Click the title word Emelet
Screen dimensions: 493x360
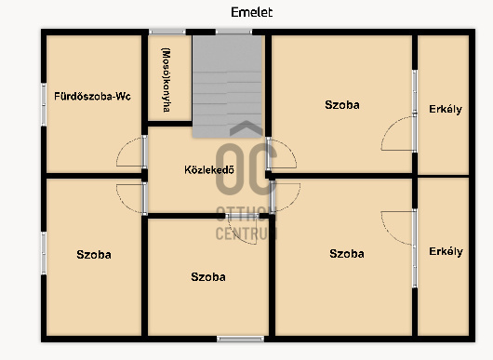tap(251, 12)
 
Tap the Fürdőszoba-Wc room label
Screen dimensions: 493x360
tap(92, 96)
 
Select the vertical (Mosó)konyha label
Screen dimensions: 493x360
tap(166, 80)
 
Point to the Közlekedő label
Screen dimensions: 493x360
tap(209, 170)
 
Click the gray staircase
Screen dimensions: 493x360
tap(227, 87)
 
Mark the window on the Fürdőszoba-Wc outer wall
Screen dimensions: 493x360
tap(44, 105)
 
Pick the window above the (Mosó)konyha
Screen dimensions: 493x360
tap(167, 32)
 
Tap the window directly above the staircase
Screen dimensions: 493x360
tap(233, 32)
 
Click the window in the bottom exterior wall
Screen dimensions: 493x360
tap(241, 339)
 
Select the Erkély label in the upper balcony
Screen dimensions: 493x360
tap(446, 109)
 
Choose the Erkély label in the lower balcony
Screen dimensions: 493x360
tap(446, 251)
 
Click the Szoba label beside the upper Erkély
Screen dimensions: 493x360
tap(342, 105)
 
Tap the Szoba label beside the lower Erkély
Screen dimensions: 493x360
tap(347, 254)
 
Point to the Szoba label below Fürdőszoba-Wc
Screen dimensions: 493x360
tap(94, 254)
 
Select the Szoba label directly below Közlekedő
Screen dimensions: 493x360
tap(208, 277)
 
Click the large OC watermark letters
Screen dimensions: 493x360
tap(246, 169)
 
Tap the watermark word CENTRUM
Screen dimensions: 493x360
tap(246, 233)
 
